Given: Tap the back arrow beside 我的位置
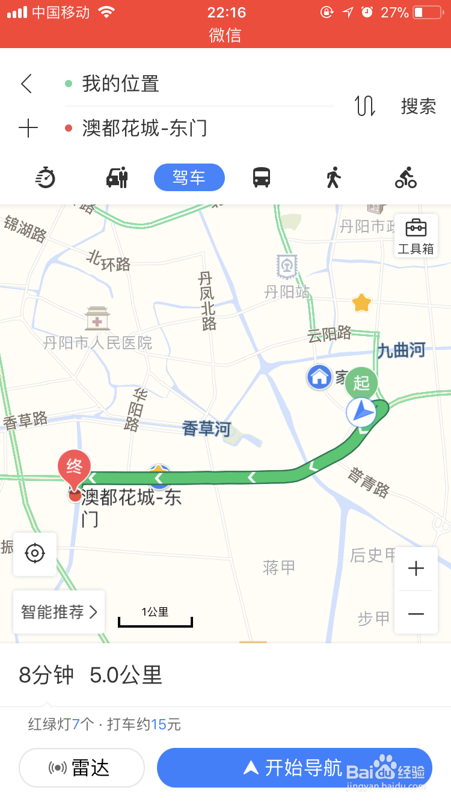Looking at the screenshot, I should click(x=26, y=84).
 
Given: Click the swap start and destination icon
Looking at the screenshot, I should click(x=365, y=106).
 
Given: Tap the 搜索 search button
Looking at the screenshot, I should click(x=419, y=106).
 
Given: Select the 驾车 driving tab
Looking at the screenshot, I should click(x=189, y=177).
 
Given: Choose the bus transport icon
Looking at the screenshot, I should click(x=262, y=177).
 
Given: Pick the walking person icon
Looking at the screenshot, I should click(x=333, y=177).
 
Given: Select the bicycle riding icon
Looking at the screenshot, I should click(x=406, y=177).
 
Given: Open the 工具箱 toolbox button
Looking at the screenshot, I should click(x=416, y=236).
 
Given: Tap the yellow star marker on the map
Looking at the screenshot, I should click(x=361, y=302).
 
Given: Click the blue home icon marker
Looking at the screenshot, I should click(x=319, y=377).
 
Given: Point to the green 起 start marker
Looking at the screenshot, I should click(x=361, y=382).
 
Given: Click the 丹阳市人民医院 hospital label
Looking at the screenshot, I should click(x=97, y=343).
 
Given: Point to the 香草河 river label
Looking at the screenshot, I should click(x=206, y=429).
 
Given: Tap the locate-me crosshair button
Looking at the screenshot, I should click(x=35, y=554).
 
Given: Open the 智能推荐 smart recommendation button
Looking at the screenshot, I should click(x=59, y=612).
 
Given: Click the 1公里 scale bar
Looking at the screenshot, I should click(x=155, y=617).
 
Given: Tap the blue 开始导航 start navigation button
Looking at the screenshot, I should click(x=294, y=768).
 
